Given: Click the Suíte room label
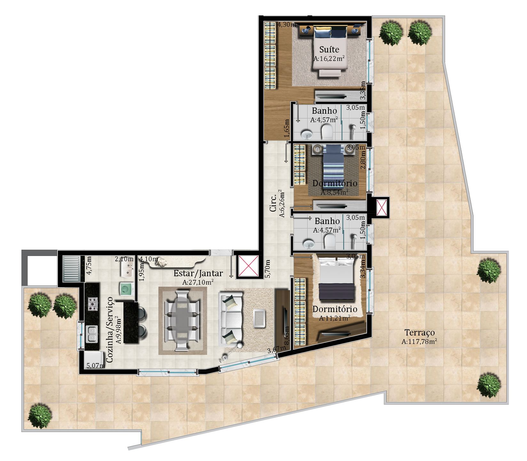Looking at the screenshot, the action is click(329, 49).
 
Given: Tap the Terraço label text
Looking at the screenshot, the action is click(420, 333).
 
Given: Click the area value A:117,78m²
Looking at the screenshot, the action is click(419, 342).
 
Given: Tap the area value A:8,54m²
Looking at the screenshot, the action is click(334, 192).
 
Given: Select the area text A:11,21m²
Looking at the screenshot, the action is click(334, 318).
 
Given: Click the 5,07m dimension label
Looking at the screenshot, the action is click(96, 365).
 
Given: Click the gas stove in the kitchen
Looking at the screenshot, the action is click(93, 303).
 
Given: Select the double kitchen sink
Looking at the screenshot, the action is click(92, 333).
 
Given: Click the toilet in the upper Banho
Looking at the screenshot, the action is click(327, 132).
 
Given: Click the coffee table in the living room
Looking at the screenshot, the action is click(259, 318).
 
